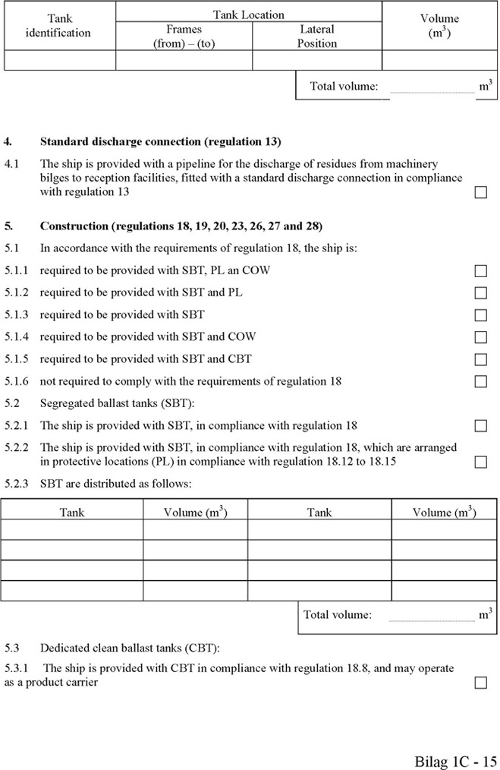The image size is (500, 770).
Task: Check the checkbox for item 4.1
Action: tap(480, 193)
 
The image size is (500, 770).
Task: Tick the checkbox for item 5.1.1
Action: tap(480, 271)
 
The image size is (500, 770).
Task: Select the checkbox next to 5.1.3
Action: tap(480, 315)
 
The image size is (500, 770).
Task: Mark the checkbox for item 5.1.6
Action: tap(480, 381)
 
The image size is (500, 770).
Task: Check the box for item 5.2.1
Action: tap(480, 426)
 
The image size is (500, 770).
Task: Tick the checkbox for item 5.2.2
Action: tap(480, 462)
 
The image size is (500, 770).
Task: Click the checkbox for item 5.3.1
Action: tap(480, 683)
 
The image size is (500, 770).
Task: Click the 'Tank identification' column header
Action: tap(58, 25)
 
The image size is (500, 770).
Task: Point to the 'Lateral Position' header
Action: tap(316, 36)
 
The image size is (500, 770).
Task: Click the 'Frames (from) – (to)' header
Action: tap(184, 36)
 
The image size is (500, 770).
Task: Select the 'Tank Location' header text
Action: tap(248, 14)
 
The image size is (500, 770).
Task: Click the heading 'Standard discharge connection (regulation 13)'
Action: tap(160, 141)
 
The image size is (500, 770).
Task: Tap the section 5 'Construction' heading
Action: tap(181, 226)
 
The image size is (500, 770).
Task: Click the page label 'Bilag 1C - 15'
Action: tap(456, 760)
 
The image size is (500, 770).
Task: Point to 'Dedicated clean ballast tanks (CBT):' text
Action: tap(130, 648)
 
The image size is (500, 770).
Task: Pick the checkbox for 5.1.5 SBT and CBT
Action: tap(480, 359)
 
